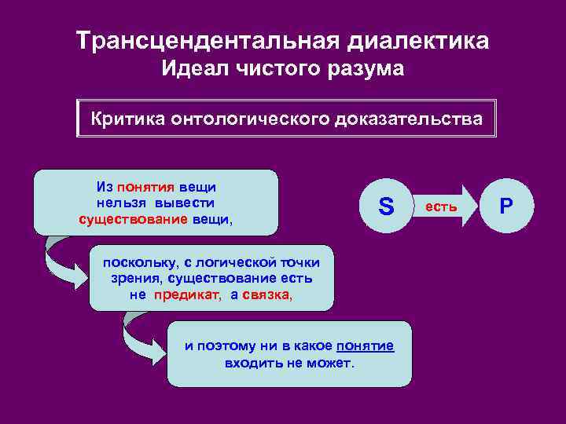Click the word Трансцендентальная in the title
175,41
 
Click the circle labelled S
385,207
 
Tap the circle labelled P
507,206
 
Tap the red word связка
266,294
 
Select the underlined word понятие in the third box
365,347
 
